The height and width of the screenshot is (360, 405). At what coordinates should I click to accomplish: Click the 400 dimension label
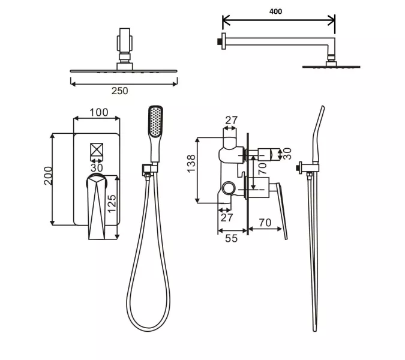[276, 11]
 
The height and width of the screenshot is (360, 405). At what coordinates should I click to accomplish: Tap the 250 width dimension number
[120, 91]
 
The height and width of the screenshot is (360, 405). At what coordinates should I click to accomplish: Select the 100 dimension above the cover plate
[99, 113]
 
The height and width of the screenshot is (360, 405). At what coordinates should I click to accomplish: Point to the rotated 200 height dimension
[49, 176]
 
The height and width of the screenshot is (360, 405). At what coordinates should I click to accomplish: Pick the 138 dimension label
[191, 164]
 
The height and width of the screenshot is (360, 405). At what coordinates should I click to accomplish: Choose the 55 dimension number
[231, 238]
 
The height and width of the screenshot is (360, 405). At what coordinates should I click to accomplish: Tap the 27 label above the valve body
[232, 121]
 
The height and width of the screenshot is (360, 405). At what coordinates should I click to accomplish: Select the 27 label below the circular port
[227, 217]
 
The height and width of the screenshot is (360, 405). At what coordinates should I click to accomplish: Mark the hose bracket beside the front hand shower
[146, 169]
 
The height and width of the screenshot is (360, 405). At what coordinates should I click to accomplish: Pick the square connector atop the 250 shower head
[124, 43]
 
